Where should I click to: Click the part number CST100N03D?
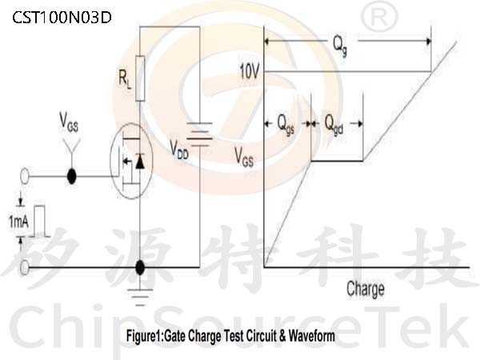pyautogui.click(x=62, y=18)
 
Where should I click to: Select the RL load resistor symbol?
pyautogui.click(x=140, y=78)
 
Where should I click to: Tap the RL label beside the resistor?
pyautogui.click(x=125, y=79)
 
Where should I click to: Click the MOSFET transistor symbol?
pyautogui.click(x=131, y=161)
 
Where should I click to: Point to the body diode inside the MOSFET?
pyautogui.click(x=140, y=162)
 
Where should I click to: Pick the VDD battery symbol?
pyautogui.click(x=199, y=134)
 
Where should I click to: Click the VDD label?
pyautogui.click(x=179, y=150)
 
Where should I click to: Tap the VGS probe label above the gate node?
pyautogui.click(x=69, y=122)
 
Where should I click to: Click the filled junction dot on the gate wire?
pyautogui.click(x=72, y=176)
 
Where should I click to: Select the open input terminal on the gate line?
pyautogui.click(x=25, y=176)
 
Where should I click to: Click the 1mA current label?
pyautogui.click(x=18, y=222)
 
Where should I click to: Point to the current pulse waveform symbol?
pyautogui.click(x=39, y=221)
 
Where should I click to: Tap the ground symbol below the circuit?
pyautogui.click(x=140, y=297)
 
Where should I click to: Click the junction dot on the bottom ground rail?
pyautogui.click(x=140, y=267)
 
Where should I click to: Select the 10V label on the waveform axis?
pyautogui.click(x=249, y=72)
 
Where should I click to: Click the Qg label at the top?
pyautogui.click(x=340, y=45)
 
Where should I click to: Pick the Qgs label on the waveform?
pyautogui.click(x=286, y=124)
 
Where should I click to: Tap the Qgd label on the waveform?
pyautogui.click(x=334, y=124)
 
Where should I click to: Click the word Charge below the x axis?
pyautogui.click(x=366, y=289)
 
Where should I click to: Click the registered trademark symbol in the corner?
pyautogui.click(x=379, y=18)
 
